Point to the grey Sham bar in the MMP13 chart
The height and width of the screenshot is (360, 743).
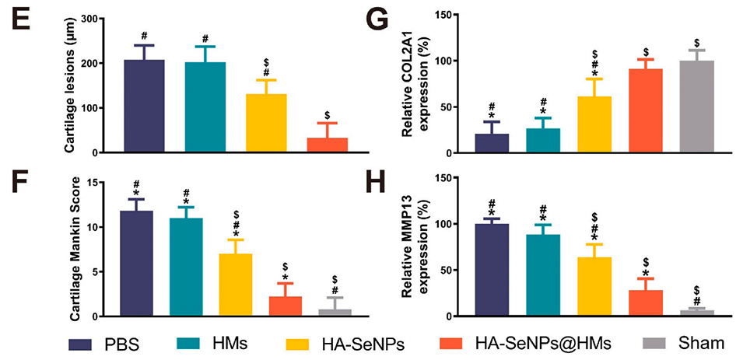[696, 313]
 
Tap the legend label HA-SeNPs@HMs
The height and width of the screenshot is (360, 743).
[536, 343]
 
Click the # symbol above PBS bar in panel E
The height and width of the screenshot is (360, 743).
[144, 35]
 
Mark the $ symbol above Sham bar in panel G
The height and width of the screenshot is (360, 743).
[697, 42]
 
